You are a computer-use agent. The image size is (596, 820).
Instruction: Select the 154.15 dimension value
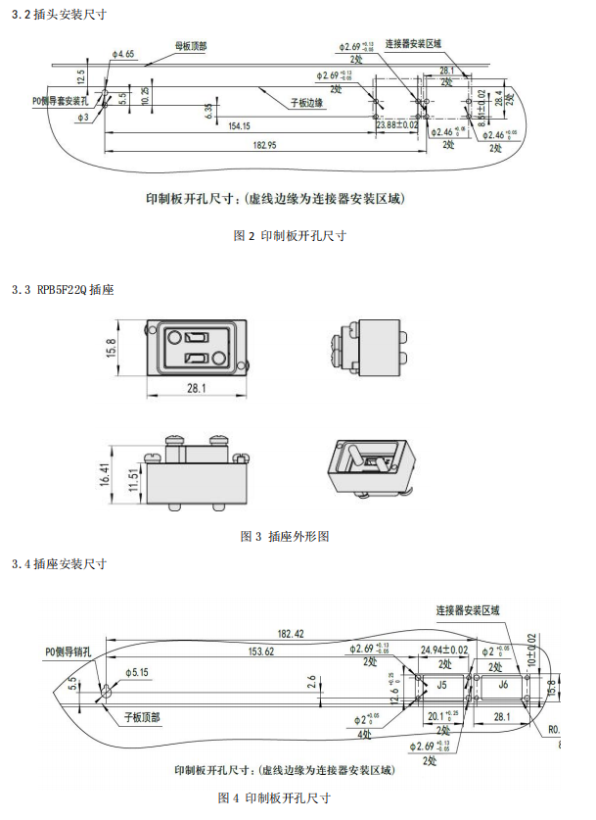click(238, 125)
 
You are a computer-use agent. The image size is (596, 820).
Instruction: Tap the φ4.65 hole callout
click(123, 55)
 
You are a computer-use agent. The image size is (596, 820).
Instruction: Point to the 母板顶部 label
click(191, 46)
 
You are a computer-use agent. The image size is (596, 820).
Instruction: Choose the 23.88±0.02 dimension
click(396, 124)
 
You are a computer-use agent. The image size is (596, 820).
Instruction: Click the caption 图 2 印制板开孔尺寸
click(291, 235)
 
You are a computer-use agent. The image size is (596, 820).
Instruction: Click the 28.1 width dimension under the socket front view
click(196, 389)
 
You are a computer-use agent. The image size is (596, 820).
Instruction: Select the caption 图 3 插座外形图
click(285, 537)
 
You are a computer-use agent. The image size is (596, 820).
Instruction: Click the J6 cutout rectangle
click(504, 685)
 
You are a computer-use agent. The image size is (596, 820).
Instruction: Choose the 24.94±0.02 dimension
click(443, 650)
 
